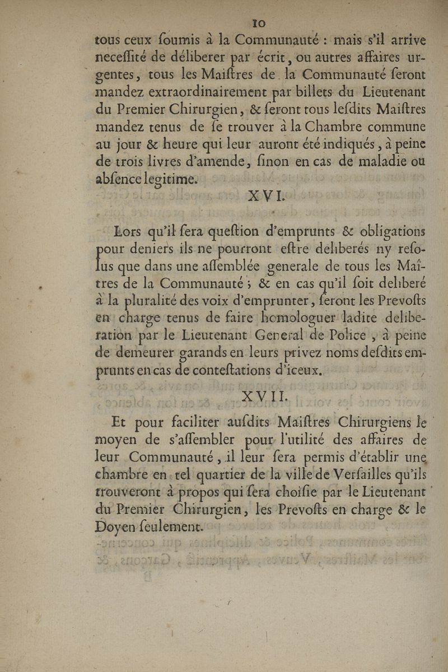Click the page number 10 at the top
(x=259, y=24)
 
